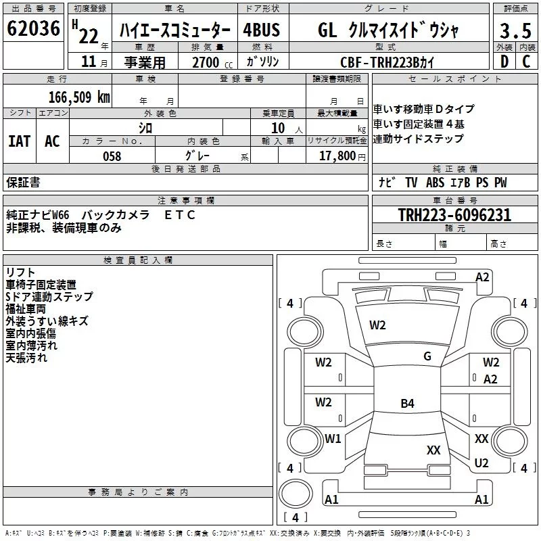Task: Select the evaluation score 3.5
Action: click(x=515, y=30)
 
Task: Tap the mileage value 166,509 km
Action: click(x=79, y=97)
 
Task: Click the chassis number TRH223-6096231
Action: click(x=454, y=215)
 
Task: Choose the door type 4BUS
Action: click(x=261, y=30)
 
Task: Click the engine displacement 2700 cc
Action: click(x=205, y=62)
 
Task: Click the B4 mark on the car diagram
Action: click(x=407, y=404)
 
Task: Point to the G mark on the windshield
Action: click(x=427, y=356)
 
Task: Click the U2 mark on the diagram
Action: click(x=481, y=463)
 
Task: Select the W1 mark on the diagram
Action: click(x=333, y=438)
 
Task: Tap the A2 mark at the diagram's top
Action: click(x=482, y=277)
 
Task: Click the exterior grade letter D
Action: click(x=504, y=62)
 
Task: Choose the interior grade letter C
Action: click(x=526, y=62)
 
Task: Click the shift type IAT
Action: click(x=19, y=141)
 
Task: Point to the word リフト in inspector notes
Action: click(x=20, y=273)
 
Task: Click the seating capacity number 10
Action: click(x=278, y=128)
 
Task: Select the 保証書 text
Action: click(x=23, y=182)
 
